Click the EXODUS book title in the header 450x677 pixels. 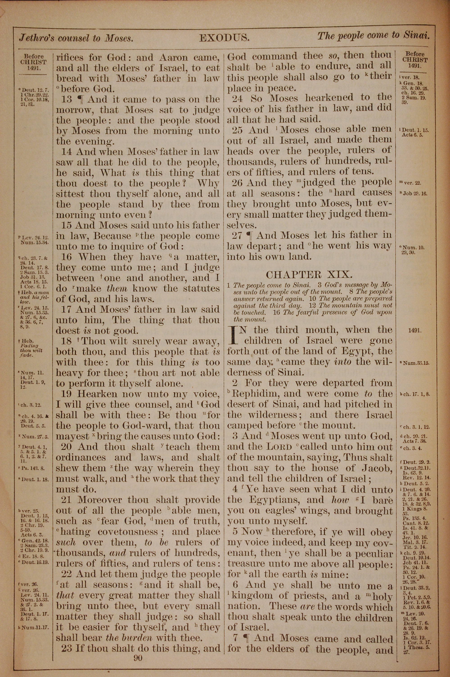224,38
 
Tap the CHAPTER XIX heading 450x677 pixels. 309,275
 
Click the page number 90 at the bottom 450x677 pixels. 138,650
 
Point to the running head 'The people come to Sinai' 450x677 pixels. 373,36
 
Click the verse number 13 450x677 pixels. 67,99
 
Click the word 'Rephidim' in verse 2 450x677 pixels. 252,393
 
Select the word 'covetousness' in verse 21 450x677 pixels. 128,532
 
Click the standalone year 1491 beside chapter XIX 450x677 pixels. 415,331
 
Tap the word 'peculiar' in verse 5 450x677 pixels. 376,554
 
